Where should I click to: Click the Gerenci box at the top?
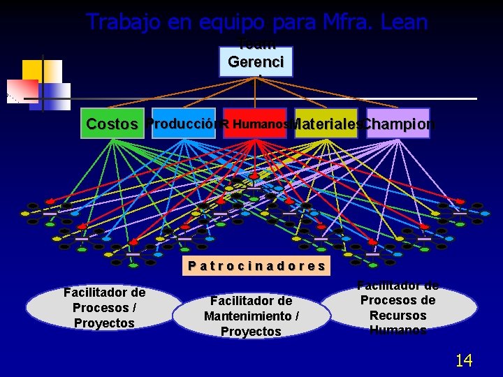[256, 61]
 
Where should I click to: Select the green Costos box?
[112, 124]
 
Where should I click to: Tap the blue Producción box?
[183, 124]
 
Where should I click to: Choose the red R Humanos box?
[256, 124]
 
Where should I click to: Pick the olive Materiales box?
[326, 124]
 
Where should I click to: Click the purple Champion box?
[398, 124]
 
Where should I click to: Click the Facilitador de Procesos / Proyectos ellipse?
[104, 308]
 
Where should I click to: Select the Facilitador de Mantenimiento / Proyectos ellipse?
[251, 316]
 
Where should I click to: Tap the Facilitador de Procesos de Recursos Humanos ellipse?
[398, 308]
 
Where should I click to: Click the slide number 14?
[464, 360]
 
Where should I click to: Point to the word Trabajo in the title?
[123, 22]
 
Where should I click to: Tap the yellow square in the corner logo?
[33, 69]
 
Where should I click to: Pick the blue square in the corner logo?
[56, 91]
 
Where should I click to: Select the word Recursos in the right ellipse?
[398, 315]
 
